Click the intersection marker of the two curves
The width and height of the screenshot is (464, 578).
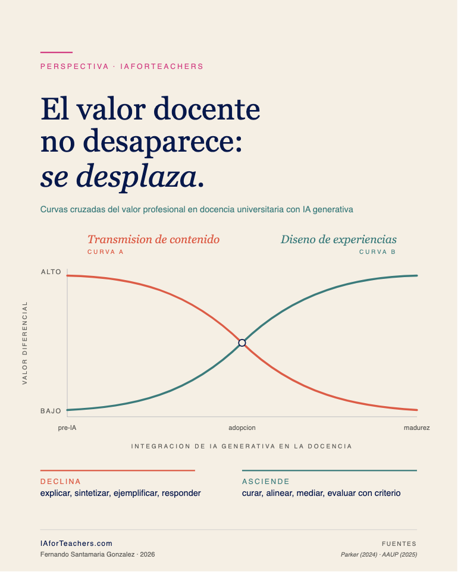tap(242, 343)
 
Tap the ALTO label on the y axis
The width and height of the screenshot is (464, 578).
tap(51, 272)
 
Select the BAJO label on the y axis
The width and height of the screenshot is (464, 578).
tap(51, 411)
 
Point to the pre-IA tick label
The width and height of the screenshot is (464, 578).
tap(67, 428)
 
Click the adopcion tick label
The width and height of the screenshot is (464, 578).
tap(242, 428)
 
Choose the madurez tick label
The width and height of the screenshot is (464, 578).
tap(416, 428)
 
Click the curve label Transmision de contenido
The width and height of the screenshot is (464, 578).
tap(153, 240)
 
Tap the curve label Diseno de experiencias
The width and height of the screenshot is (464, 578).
tap(338, 240)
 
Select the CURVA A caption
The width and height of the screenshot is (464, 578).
tap(105, 252)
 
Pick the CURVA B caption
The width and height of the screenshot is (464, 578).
tap(378, 252)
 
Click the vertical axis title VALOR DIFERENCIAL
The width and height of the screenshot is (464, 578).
tap(25, 343)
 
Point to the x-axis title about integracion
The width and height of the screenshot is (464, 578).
tap(242, 446)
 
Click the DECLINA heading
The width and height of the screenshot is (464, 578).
tap(61, 481)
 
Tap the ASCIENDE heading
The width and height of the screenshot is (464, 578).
tap(266, 481)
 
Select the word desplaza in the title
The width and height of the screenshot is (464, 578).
tap(137, 177)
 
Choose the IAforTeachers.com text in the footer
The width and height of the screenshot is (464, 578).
tap(76, 544)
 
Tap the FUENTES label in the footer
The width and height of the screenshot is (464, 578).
tap(399, 544)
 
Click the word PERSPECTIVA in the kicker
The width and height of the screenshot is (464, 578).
tap(74, 67)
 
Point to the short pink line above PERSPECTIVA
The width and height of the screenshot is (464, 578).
tap(57, 52)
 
